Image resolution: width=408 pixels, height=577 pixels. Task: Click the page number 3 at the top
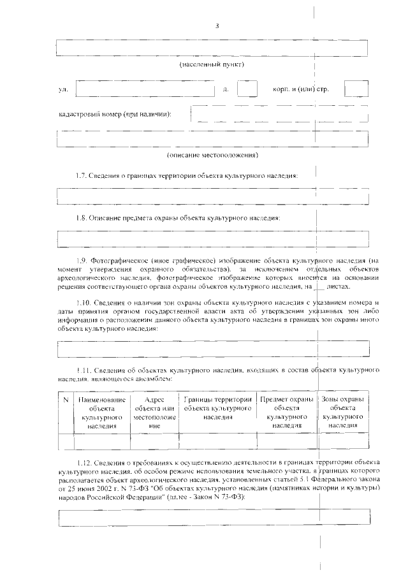pos(217,26)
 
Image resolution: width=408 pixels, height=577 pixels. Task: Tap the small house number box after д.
pos(247,89)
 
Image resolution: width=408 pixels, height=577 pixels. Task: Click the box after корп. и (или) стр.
pos(356,89)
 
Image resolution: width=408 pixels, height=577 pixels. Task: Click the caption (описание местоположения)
pos(212,155)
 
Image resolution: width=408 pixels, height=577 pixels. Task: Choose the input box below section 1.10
pos(213,349)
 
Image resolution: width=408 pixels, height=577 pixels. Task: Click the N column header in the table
pos(66,399)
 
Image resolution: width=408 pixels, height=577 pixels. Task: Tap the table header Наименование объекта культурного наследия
pos(102,411)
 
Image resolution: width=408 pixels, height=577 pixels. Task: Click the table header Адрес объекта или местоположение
pos(154,411)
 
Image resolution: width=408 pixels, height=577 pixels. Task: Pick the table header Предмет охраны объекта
pos(287,411)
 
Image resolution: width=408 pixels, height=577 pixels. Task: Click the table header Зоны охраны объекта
pos(343,411)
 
